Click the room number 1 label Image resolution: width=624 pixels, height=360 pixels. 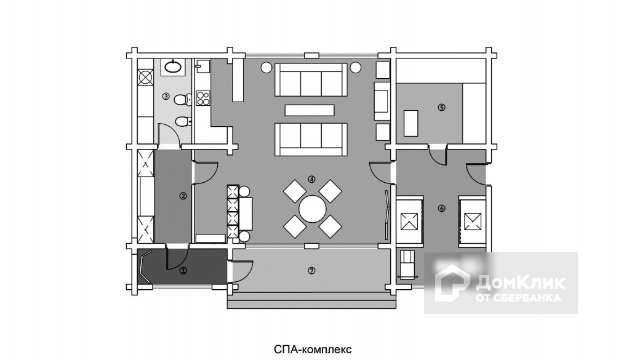pyautogui.click(x=183, y=271)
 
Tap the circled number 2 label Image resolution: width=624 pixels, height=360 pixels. pyautogui.click(x=183, y=196)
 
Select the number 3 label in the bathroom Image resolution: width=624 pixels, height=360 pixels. pyautogui.click(x=166, y=96)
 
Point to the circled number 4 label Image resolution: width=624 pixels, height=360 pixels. pyautogui.click(x=311, y=180)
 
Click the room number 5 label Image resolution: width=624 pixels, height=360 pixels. pyautogui.click(x=441, y=107)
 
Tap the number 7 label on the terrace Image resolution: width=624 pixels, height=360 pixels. pyautogui.click(x=311, y=271)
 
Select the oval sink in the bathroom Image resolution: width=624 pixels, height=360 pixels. pyautogui.click(x=173, y=66)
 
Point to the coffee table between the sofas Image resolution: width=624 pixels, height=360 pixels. pyautogui.click(x=309, y=110)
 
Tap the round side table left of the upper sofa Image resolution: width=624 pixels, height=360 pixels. pyautogui.click(x=265, y=68)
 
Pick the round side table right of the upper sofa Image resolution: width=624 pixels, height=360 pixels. pyautogui.click(x=355, y=68)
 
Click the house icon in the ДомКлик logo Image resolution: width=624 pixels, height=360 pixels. pyautogui.click(x=452, y=283)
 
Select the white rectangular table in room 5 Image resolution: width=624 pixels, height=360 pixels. pyautogui.click(x=412, y=123)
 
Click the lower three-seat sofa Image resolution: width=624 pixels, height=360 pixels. pyautogui.click(x=311, y=139)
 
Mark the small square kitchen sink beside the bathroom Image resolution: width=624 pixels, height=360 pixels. pyautogui.click(x=203, y=66)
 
